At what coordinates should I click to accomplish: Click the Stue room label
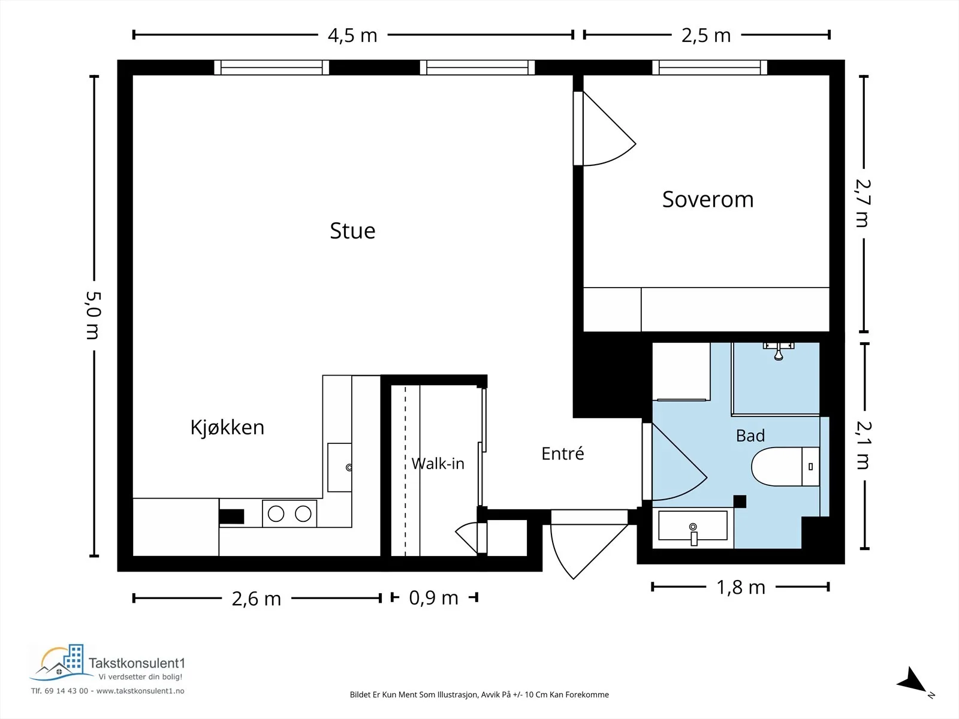coord(352,231)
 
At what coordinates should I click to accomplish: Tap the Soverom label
coord(708,200)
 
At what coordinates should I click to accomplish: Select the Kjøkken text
coord(227,427)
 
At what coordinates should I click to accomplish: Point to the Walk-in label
coord(438,463)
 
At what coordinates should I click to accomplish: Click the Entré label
coord(562,453)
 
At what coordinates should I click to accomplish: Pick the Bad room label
coord(750,435)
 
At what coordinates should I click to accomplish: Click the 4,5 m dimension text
coord(352,35)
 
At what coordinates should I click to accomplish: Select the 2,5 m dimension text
coord(706,35)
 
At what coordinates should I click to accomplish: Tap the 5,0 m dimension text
coord(93,315)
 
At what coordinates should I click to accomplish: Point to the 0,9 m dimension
coord(433,597)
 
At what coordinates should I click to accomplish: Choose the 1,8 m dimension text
coord(741,587)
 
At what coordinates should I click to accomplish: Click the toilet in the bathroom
coord(785,466)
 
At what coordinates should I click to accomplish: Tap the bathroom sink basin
coord(693,526)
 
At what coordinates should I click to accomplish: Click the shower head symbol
coord(779,352)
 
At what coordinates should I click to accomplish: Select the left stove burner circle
coord(276,514)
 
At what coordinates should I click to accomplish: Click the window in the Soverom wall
coord(710,68)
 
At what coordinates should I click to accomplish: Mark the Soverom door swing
coord(609,129)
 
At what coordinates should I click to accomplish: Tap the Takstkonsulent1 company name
coord(137,663)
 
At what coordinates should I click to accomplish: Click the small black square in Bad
coord(740,502)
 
